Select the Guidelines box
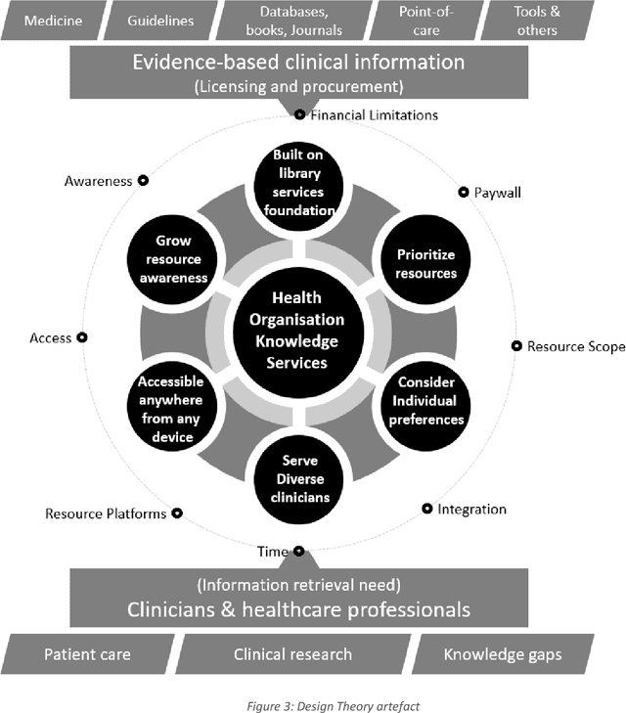coord(159,20)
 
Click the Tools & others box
coord(535,21)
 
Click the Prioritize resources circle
coord(425,264)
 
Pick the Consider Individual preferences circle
coord(426,401)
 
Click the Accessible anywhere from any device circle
coord(170,409)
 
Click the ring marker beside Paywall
coord(464,193)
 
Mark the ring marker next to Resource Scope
coord(515,345)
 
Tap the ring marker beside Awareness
coord(143,180)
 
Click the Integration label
coord(471,509)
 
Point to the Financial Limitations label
coord(374,115)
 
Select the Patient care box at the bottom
coord(86,654)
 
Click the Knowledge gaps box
coord(502,654)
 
